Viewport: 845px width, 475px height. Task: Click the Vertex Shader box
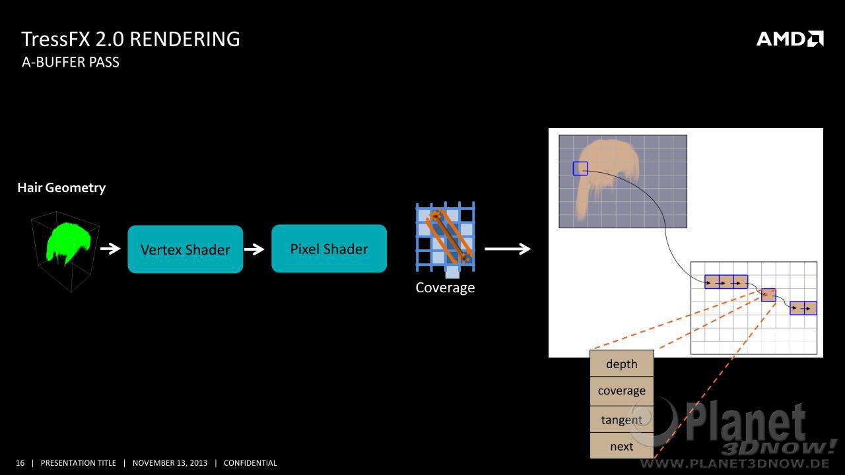186,249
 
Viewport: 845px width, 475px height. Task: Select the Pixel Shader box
329,249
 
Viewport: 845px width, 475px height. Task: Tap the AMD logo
790,39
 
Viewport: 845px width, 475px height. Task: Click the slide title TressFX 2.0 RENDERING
131,39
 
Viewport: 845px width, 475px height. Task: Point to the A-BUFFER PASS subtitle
71,62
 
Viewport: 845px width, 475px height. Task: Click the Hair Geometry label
61,188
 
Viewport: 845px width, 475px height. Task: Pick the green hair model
68,242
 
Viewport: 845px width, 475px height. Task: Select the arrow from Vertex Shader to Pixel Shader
254,249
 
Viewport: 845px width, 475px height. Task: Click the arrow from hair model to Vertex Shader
110,249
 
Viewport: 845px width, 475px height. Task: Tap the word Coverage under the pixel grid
445,288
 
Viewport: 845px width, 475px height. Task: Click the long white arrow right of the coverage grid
508,249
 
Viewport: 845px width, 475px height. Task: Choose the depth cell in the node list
622,364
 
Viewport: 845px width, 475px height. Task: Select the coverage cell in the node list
622,391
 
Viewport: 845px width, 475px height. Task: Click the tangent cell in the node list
622,419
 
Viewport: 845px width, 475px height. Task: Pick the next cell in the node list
622,446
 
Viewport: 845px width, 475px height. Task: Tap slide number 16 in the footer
20,463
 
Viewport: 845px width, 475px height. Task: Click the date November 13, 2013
170,463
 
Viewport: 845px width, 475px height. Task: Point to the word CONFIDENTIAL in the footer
250,463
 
